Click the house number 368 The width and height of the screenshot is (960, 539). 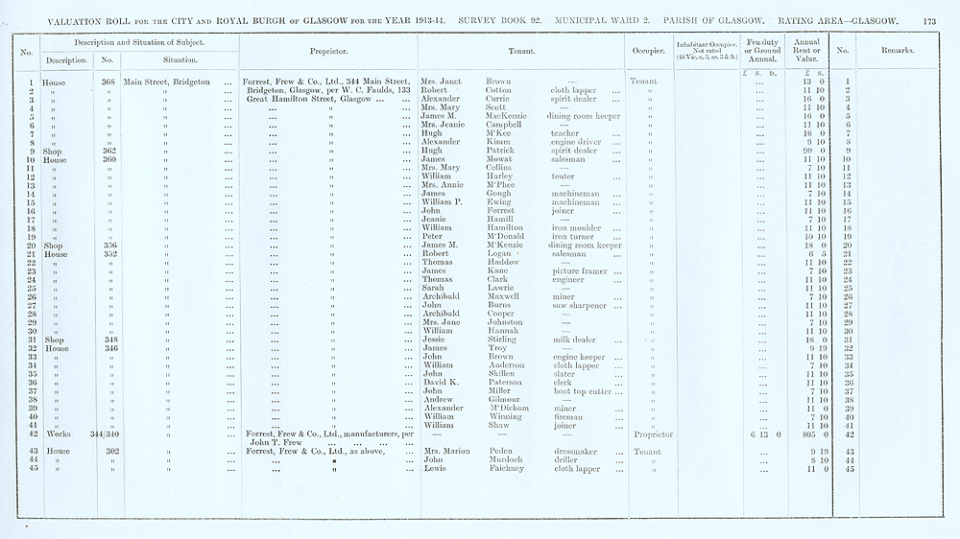coord(108,82)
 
